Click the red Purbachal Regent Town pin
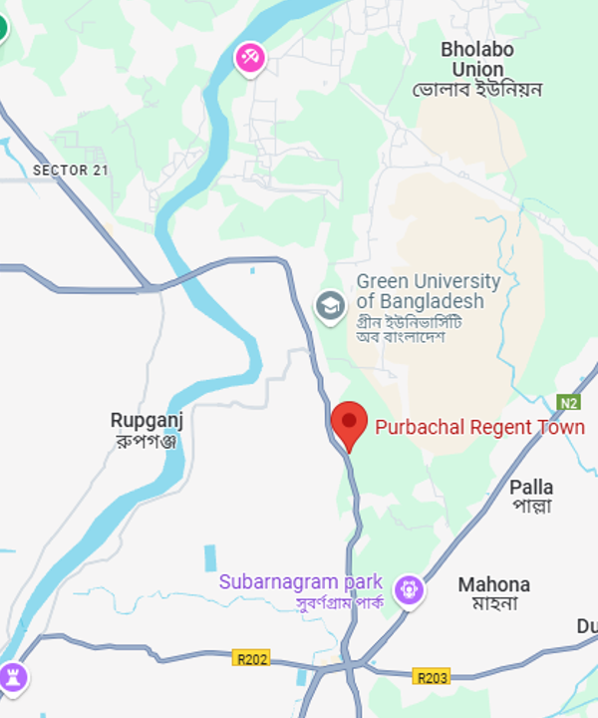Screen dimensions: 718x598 (x=349, y=423)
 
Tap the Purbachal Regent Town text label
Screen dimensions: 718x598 (x=479, y=427)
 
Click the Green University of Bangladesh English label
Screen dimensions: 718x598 (x=428, y=291)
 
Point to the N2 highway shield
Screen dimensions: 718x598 (x=568, y=403)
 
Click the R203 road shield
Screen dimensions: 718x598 (x=433, y=677)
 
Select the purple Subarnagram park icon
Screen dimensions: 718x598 (x=409, y=589)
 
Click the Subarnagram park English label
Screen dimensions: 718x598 (x=301, y=581)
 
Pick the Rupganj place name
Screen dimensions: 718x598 (x=147, y=421)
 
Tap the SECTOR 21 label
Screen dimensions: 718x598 (x=70, y=171)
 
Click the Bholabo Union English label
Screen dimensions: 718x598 (x=476, y=59)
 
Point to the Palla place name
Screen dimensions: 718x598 (x=531, y=487)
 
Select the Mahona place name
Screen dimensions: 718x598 (x=493, y=584)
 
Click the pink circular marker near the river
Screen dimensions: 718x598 (x=249, y=57)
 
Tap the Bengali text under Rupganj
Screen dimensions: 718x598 (x=147, y=441)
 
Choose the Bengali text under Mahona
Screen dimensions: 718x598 (x=494, y=604)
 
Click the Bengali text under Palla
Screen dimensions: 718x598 (x=531, y=507)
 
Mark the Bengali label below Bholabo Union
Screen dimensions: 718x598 (x=477, y=90)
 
